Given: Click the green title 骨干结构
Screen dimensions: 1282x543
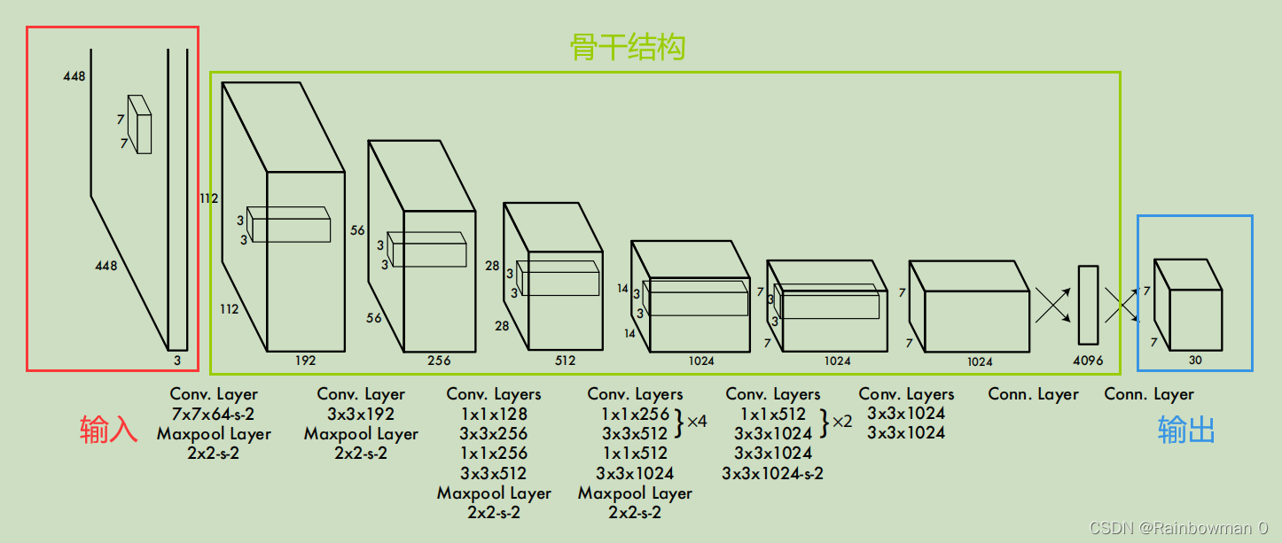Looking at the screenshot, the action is (x=627, y=47).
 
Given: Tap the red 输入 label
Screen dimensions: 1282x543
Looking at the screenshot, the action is (x=109, y=430).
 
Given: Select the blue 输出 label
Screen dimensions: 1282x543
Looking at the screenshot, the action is (x=1186, y=430).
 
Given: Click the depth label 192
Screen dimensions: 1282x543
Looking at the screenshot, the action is (x=305, y=361).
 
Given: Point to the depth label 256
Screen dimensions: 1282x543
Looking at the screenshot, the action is (x=439, y=361).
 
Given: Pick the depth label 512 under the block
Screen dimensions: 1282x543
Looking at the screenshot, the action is (x=565, y=361).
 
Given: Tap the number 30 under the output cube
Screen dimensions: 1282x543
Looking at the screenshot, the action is (x=1195, y=361).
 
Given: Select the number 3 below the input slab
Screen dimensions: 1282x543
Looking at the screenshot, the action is (x=177, y=360).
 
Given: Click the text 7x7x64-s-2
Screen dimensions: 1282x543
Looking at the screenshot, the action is (x=214, y=414).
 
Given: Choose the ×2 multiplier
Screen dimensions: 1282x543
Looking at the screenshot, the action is (x=840, y=421).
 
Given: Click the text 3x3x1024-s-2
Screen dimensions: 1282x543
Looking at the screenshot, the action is (x=772, y=473).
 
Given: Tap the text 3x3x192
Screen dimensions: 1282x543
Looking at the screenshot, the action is (x=361, y=414).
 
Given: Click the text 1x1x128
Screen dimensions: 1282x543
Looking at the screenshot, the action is (x=493, y=414).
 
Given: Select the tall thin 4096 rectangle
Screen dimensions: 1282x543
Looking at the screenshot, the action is (x=1088, y=305).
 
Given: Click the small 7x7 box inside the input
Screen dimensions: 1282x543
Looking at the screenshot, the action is (x=139, y=124).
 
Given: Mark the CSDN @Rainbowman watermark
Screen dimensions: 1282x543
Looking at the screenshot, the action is (x=1178, y=528).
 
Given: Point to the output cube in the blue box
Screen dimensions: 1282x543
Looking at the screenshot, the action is (x=1188, y=305).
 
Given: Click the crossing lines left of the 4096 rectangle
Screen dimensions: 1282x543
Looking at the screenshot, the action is (x=1051, y=305).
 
